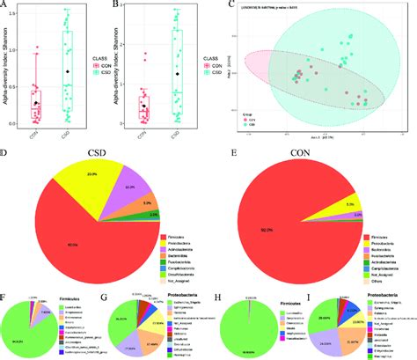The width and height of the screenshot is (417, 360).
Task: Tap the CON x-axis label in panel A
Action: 35,134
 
